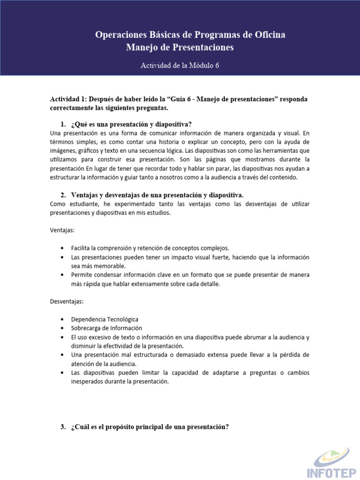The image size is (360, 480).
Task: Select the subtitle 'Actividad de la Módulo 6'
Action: click(x=180, y=66)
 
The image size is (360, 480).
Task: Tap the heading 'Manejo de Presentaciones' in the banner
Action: click(x=180, y=48)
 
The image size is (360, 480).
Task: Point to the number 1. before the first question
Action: click(x=64, y=124)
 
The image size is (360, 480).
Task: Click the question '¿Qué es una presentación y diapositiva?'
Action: click(x=131, y=124)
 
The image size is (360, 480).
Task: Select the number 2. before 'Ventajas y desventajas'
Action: click(x=64, y=195)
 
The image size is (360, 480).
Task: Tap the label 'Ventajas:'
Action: click(x=62, y=230)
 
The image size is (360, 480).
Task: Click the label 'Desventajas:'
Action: click(x=67, y=301)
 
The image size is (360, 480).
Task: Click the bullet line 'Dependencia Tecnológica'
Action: click(x=105, y=319)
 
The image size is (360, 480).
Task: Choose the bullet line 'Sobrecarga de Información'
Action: click(x=106, y=328)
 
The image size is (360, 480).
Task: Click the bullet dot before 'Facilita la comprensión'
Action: click(x=63, y=248)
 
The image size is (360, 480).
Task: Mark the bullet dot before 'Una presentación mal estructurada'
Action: click(x=63, y=355)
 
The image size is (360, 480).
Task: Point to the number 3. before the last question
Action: click(x=64, y=427)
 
